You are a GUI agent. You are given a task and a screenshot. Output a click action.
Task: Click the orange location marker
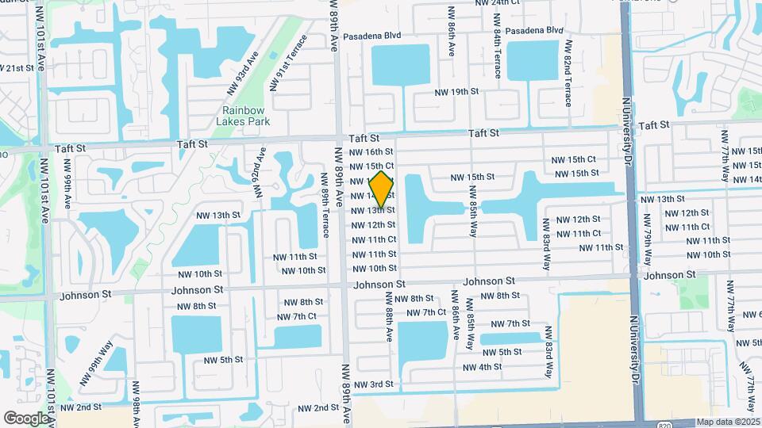tap(382, 189)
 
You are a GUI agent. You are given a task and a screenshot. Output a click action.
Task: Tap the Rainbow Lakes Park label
tap(243, 116)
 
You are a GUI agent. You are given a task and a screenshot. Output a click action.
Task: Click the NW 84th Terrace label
tap(497, 55)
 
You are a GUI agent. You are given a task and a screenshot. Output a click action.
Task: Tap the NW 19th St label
tap(456, 92)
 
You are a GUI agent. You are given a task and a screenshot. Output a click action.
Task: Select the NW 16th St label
tap(372, 151)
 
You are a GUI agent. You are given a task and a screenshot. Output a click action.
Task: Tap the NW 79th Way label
tap(648, 241)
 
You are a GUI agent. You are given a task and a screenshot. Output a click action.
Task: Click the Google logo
tap(25, 418)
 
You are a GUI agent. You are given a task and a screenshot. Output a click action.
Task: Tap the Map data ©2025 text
tap(728, 422)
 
